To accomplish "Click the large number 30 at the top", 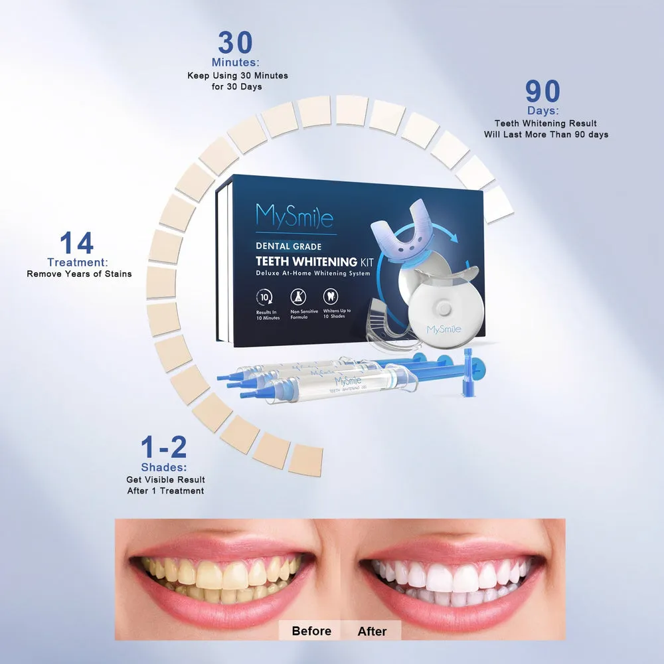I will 236,43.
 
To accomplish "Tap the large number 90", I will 543,92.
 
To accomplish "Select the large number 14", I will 76,244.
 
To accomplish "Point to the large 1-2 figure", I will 163,448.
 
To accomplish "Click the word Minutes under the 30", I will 235,63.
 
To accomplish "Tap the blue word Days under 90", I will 543,111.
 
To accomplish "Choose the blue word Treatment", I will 78,263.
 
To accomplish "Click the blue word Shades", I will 163,467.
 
